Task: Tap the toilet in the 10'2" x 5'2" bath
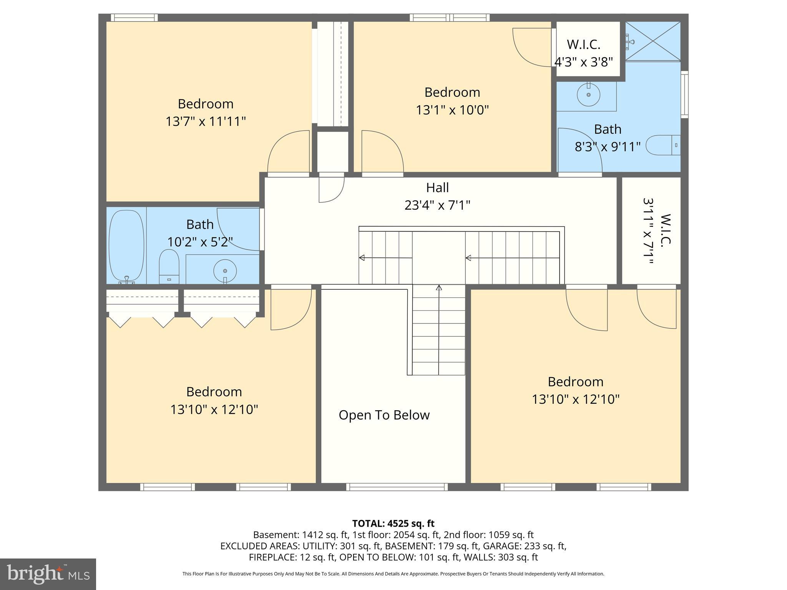click(169, 266)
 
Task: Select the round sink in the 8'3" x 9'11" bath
click(588, 94)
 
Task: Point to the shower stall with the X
click(653, 41)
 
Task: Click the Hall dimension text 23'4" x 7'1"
click(437, 205)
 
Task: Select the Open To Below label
click(384, 415)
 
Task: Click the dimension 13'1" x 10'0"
click(452, 110)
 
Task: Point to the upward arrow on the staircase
click(439, 288)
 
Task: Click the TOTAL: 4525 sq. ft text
click(393, 523)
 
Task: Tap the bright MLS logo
click(48, 574)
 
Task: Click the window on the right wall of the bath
click(684, 94)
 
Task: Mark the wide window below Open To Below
click(397, 487)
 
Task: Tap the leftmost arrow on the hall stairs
click(362, 258)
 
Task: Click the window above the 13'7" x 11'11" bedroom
click(134, 18)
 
